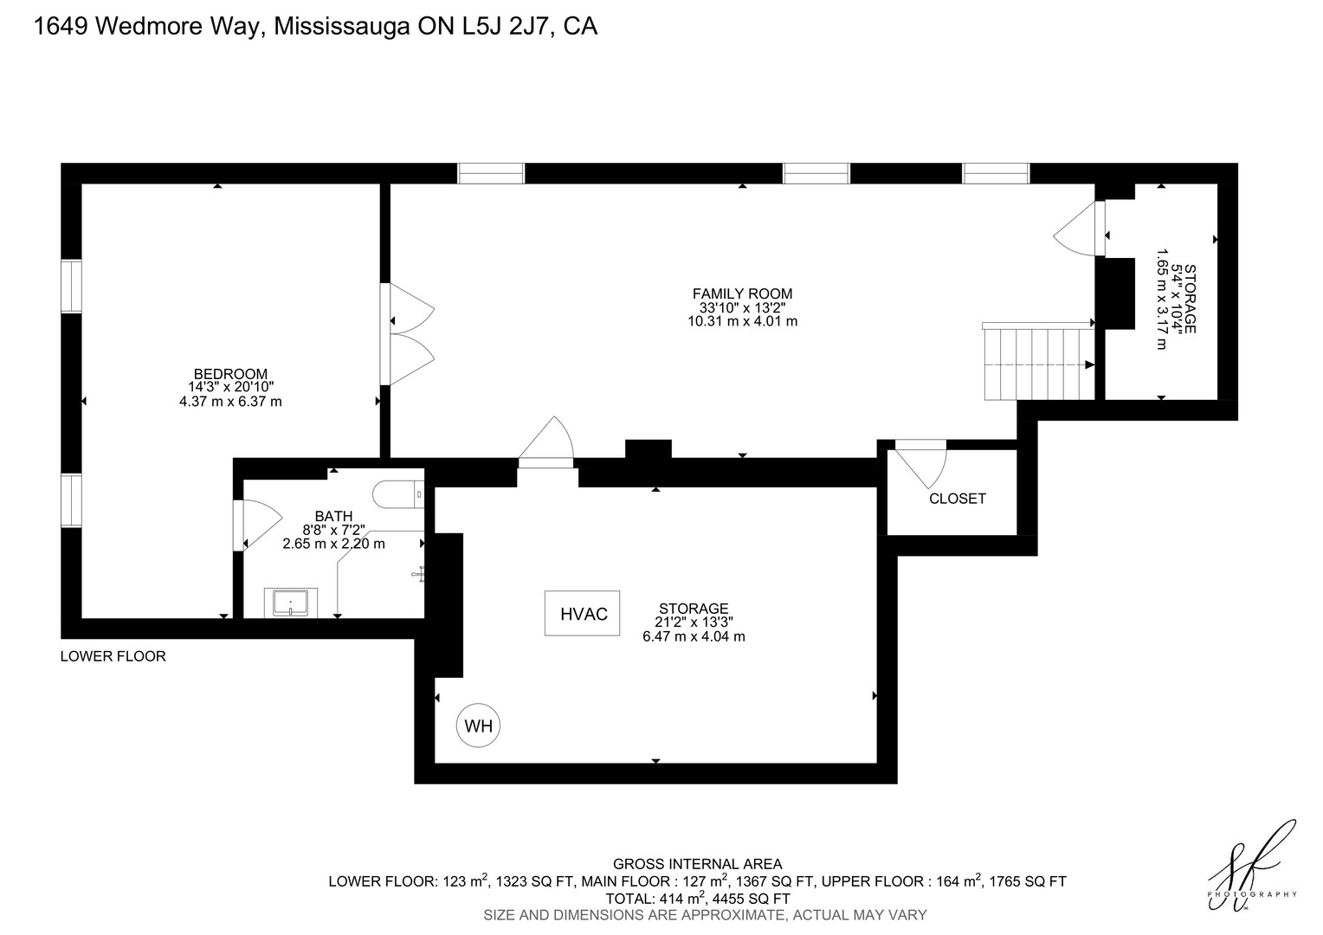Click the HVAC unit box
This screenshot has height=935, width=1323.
click(x=582, y=613)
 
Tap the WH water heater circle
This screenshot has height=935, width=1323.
click(x=478, y=725)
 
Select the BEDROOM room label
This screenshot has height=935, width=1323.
click(x=230, y=373)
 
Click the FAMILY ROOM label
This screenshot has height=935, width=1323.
click(x=742, y=293)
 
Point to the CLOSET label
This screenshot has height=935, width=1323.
click(x=958, y=499)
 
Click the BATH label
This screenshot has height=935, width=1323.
click(x=333, y=516)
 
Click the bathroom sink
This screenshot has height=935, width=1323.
click(x=291, y=603)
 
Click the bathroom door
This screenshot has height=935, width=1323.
click(x=258, y=526)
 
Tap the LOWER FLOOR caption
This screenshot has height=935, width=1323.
click(x=113, y=655)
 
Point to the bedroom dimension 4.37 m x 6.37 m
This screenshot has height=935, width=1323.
click(x=230, y=402)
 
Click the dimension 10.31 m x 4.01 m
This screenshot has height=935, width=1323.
click(x=742, y=321)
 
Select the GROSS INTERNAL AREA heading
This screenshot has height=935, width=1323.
click(x=697, y=864)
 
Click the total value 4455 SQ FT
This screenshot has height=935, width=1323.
click(x=752, y=899)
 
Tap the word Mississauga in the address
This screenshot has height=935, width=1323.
click(x=342, y=27)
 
